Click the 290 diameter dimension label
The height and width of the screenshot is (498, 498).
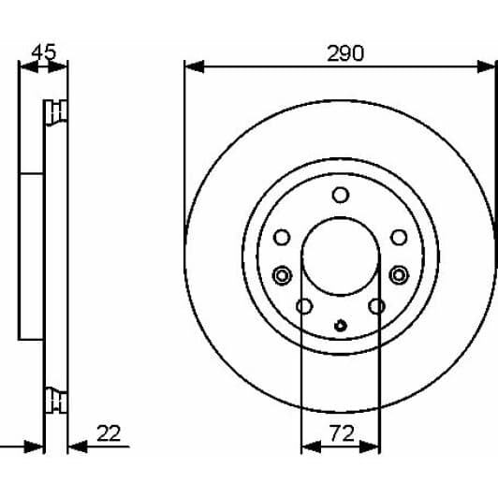point(345,53)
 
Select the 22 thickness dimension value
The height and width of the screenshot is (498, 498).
point(109,433)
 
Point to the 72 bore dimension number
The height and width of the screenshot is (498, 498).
point(341,434)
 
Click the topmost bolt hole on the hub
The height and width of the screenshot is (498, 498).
point(341,195)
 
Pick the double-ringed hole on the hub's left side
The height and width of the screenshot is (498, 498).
point(281,274)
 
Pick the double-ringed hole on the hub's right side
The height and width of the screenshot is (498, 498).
point(400,274)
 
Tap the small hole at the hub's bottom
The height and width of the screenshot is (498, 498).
point(341,327)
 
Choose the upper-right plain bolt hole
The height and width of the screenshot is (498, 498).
point(399,237)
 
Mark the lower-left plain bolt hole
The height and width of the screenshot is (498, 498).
point(303,306)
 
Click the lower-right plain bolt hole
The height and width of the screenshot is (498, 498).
point(377,306)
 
